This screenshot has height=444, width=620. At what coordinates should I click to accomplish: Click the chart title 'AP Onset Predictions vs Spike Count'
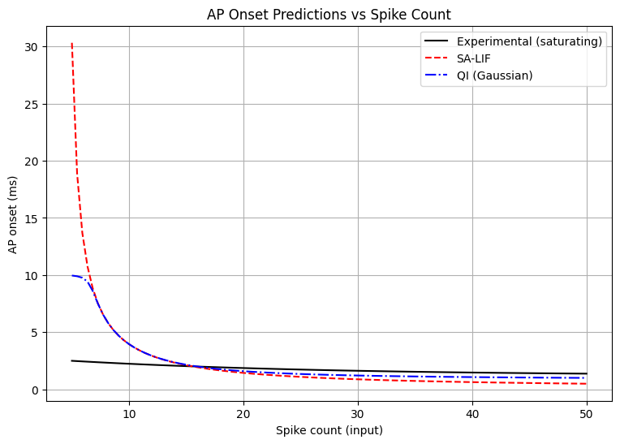(x=329, y=14)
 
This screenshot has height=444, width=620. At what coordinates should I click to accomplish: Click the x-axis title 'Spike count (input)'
(x=329, y=430)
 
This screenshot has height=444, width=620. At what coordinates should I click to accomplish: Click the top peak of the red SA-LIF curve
(x=72, y=44)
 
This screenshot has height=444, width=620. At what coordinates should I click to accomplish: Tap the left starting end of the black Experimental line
(x=72, y=361)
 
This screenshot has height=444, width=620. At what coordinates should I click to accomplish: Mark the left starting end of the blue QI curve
(x=72, y=276)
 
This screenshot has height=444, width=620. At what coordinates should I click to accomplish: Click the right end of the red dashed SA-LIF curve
(x=587, y=384)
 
